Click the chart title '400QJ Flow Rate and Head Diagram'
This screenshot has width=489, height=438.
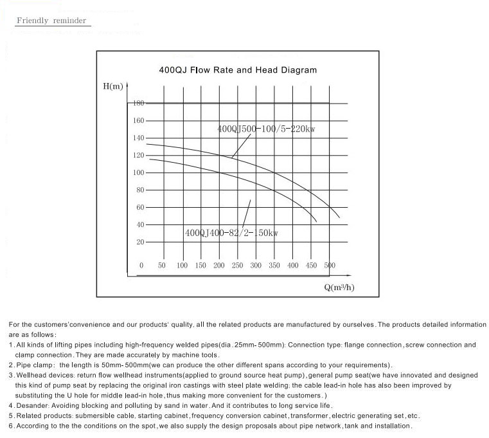click(x=238, y=69)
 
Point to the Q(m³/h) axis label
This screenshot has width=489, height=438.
click(x=339, y=287)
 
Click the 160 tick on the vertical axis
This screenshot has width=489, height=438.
click(x=139, y=120)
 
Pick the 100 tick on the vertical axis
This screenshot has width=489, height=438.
click(x=139, y=172)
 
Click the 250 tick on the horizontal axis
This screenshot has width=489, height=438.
click(x=237, y=266)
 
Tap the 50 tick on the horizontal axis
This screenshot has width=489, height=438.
click(x=162, y=266)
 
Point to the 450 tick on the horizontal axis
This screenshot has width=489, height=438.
click(x=312, y=266)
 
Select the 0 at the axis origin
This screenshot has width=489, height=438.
click(x=141, y=266)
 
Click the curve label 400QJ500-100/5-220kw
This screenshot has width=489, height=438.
click(x=266, y=129)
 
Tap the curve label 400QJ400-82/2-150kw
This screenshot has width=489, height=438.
click(x=231, y=233)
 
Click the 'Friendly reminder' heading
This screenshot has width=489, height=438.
click(x=51, y=21)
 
